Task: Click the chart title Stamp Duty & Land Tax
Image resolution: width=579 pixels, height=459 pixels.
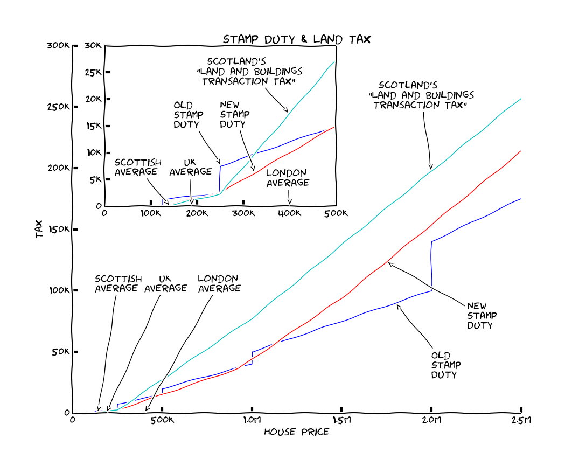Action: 297,39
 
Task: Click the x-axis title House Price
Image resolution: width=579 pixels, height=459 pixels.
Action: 296,432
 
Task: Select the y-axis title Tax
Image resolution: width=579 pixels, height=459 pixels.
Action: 39,230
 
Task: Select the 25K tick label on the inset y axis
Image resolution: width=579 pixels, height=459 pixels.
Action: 93,72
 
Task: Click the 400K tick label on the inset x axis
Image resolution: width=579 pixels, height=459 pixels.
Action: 290,213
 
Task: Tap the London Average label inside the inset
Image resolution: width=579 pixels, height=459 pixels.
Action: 288,178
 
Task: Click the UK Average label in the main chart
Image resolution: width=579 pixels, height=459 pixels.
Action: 165,283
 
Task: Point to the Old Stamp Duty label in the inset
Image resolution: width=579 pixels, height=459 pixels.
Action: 188,114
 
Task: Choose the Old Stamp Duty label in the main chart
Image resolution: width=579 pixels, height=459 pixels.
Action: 444,365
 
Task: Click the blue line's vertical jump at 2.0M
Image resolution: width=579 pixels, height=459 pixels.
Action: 431,264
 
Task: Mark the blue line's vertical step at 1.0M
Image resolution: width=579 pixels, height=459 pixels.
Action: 252,358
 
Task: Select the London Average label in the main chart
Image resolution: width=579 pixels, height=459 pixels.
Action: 218,283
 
